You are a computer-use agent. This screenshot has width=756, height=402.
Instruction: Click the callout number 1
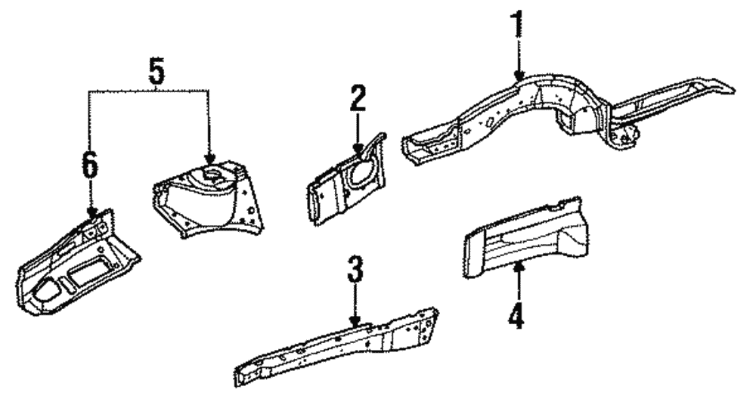(519, 25)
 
